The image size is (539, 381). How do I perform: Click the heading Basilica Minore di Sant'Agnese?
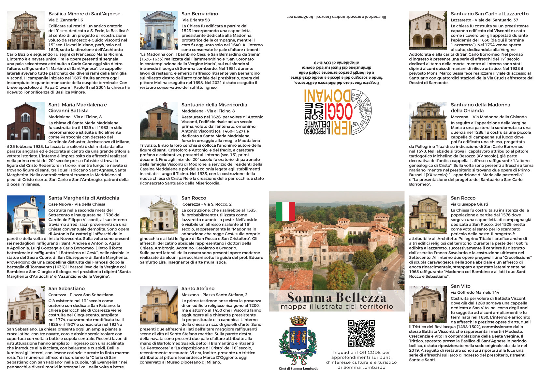pyautogui.click(x=84, y=14)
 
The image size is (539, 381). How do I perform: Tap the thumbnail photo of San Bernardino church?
pyautogui.click(x=158, y=30)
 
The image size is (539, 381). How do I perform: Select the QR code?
pyautogui.click(x=361, y=333)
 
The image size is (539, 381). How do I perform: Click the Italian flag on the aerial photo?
pyautogui.click(x=285, y=211)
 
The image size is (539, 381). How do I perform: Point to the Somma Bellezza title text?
pyautogui.click(x=336, y=297)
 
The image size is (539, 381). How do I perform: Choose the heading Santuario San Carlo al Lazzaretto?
pyautogui.click(x=489, y=14)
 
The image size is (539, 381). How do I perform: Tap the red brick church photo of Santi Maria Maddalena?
pyautogui.click(x=25, y=121)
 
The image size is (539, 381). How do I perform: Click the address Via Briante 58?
pyautogui.click(x=196, y=20)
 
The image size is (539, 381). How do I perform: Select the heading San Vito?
pyautogui.click(x=460, y=286)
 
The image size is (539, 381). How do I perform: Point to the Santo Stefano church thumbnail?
pyautogui.click(x=158, y=305)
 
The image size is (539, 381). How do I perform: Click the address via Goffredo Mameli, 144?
pyautogui.click(x=475, y=292)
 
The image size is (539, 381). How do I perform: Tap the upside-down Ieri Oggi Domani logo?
pyautogui.click(x=337, y=111)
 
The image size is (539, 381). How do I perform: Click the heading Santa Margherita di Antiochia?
pyautogui.click(x=84, y=198)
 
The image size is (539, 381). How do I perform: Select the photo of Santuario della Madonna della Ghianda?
pyautogui.click(x=428, y=121)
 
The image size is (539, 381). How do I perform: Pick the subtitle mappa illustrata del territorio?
pyautogui.click(x=337, y=307)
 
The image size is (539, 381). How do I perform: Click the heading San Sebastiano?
pyautogui.click(x=66, y=288)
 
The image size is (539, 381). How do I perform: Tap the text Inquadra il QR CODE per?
pyautogui.click(x=361, y=352)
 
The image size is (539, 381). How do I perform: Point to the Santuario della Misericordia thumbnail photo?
pyautogui.click(x=158, y=121)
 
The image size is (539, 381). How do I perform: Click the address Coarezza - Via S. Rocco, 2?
pyautogui.click(x=207, y=204)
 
